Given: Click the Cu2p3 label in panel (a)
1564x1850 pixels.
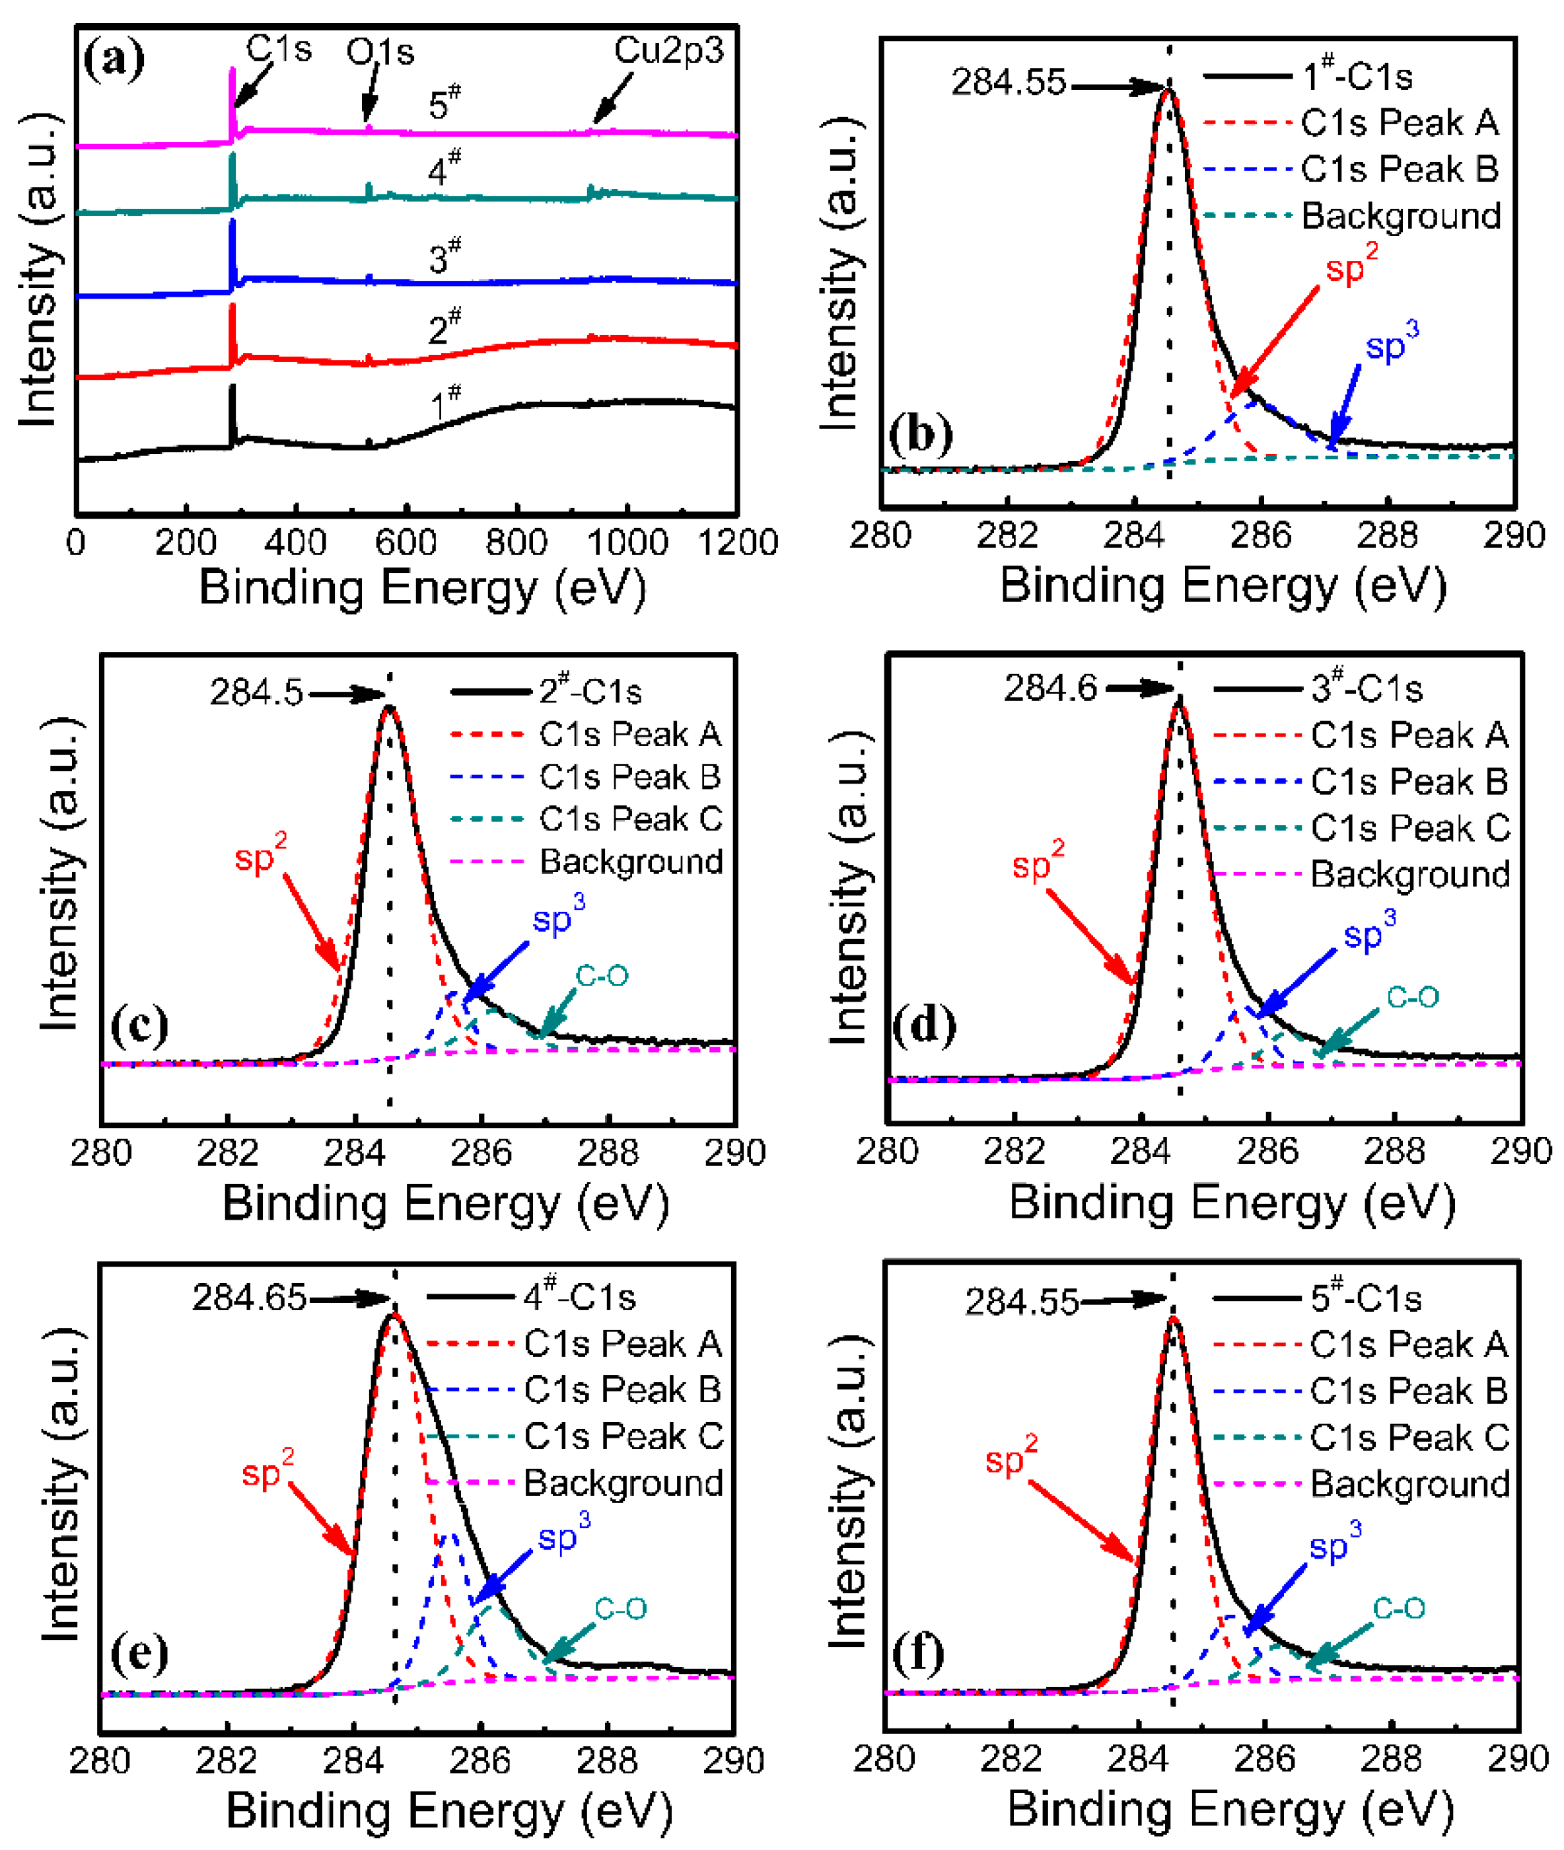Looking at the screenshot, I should coord(668,51).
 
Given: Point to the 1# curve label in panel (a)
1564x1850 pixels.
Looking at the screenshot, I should coord(445,404).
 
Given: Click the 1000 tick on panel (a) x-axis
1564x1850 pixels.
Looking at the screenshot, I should coord(627,542).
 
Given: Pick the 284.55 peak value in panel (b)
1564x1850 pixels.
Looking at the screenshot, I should coord(1008,83).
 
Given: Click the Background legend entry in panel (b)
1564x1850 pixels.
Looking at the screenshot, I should coord(1401,215).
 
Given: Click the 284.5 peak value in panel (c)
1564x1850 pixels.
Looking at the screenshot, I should coord(256,692).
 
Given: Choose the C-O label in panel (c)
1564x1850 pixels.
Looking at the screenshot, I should coord(602,977).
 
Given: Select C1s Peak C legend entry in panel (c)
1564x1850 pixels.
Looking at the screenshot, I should coord(630,819).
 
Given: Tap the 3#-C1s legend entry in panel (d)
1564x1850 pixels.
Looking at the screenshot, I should coord(1367,688).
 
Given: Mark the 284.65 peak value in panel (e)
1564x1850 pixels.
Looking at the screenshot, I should coord(249,1298).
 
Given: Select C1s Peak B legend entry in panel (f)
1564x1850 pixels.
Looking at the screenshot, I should coord(1409,1391).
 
